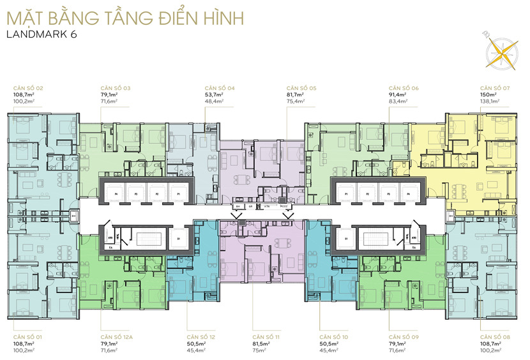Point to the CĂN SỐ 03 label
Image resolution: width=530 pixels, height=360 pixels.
point(116,88)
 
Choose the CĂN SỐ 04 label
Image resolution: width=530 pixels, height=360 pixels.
point(220,88)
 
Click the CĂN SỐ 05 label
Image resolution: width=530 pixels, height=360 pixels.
point(301,88)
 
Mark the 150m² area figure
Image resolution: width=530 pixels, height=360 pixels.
point(488,94)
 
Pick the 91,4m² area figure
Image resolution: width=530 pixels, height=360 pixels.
point(399,94)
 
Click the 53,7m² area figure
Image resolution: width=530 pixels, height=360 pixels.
point(215,94)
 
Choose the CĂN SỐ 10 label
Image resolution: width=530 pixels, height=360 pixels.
point(334,336)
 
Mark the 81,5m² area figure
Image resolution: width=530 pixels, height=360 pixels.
point(262,342)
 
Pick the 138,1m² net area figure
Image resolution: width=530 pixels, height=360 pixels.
point(490,101)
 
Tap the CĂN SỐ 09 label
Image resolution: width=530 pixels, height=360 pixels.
point(404,336)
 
